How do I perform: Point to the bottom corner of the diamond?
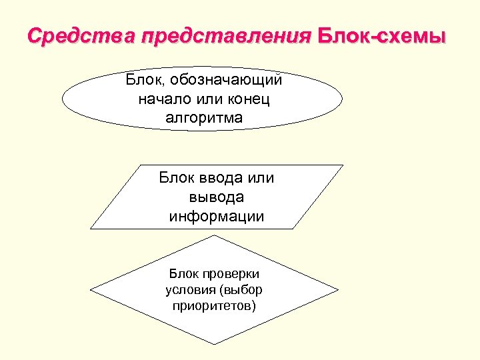(215, 344)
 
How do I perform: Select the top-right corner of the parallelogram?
(343, 165)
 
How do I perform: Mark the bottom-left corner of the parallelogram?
(91, 229)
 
